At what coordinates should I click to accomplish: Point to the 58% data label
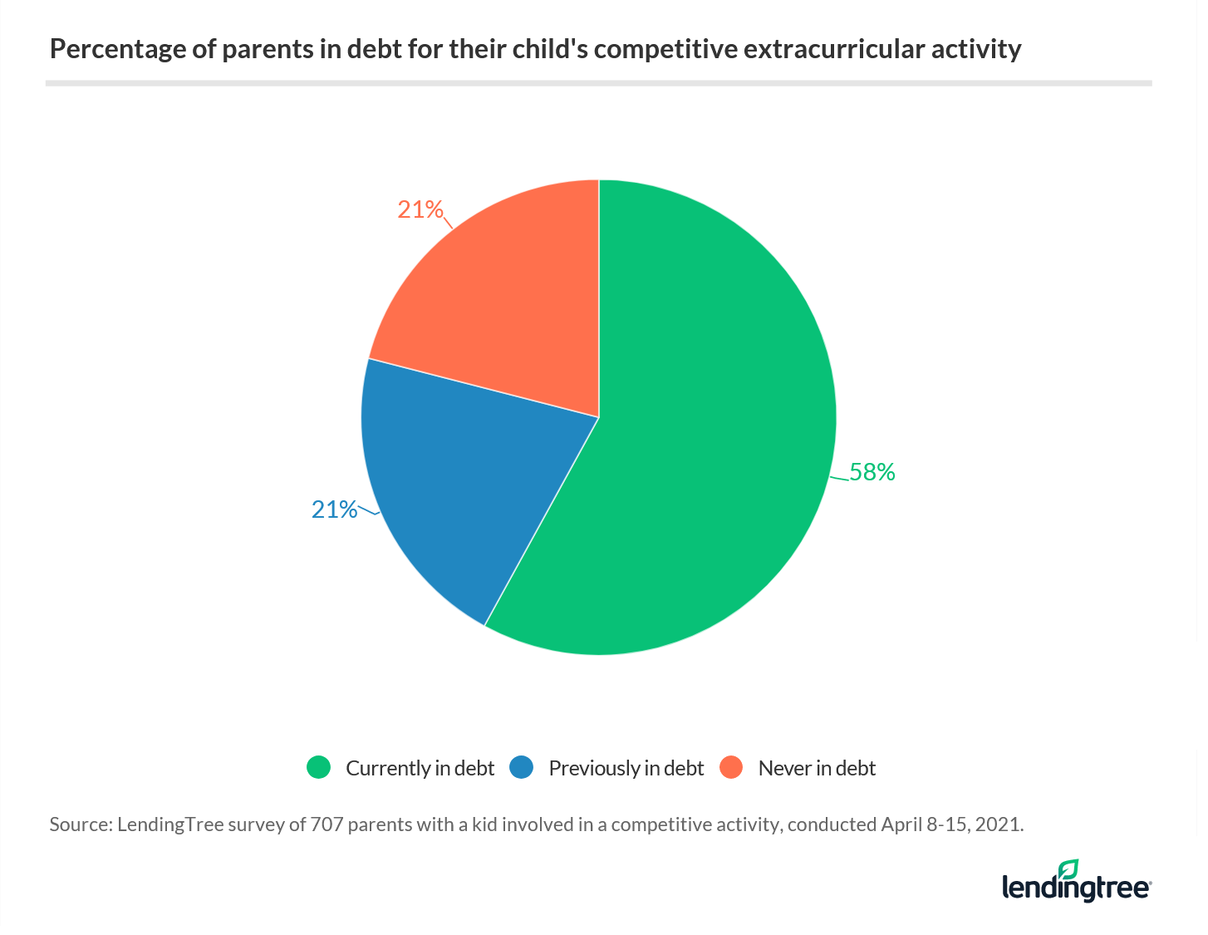pos(872,472)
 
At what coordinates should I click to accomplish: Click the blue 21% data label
pos(334,509)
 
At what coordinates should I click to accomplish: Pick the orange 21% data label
pos(420,209)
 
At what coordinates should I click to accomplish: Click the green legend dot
pos(318,767)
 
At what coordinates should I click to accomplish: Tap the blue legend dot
pos(521,767)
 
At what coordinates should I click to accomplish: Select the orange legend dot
pos(731,767)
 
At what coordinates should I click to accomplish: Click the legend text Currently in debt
pos(420,768)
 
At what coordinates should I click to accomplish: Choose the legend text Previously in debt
pos(626,768)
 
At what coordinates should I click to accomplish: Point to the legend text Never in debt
pos(817,768)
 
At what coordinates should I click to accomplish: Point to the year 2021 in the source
pos(999,824)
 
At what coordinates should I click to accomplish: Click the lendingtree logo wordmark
pos(1076,888)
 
